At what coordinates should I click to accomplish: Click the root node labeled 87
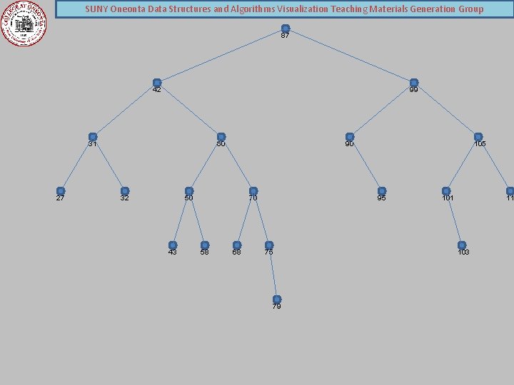[x=285, y=29]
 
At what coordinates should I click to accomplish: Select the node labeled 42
[x=157, y=83]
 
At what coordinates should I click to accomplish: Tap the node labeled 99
[x=413, y=83]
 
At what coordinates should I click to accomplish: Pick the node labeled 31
[x=93, y=137]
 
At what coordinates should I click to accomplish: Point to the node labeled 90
[x=350, y=137]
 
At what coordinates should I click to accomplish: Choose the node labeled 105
[x=478, y=137]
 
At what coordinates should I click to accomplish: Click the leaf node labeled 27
[x=61, y=191]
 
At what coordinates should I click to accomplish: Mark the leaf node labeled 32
[x=125, y=191]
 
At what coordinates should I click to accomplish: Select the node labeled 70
[x=253, y=191]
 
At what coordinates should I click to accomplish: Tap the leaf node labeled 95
[x=382, y=191]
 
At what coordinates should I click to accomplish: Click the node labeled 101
[x=446, y=191]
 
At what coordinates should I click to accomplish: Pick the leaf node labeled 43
[x=173, y=245]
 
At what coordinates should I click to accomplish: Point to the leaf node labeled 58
[x=205, y=245]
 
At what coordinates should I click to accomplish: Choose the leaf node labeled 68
[x=237, y=245]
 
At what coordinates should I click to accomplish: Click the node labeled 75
[x=269, y=245]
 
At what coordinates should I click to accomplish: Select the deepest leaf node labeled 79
[x=277, y=299]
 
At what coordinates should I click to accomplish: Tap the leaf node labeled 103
[x=462, y=245]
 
